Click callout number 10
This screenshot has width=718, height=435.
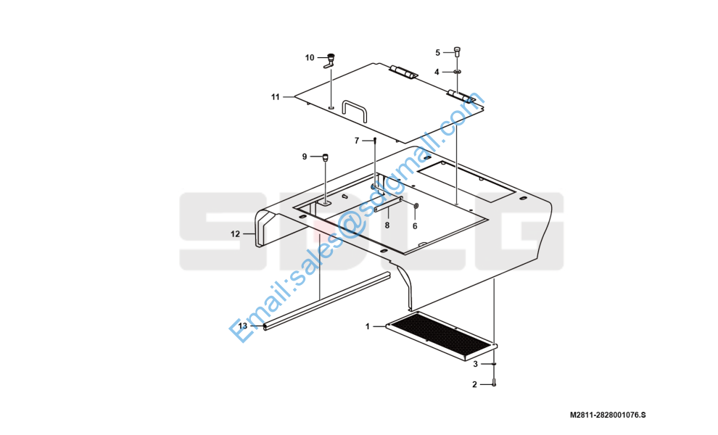[x=310, y=57]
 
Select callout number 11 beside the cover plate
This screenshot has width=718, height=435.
[x=276, y=96]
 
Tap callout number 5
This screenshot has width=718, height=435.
[x=437, y=52]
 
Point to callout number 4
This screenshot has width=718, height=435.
[x=437, y=72]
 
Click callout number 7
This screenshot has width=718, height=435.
[x=356, y=140]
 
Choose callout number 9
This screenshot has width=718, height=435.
[x=305, y=156]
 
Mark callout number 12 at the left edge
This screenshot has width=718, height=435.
[x=235, y=233]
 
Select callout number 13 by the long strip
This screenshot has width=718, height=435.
[x=243, y=326]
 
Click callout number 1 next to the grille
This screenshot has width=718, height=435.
[x=368, y=326]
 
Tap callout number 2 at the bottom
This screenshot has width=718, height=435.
[x=474, y=384]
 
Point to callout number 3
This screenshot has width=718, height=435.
[x=475, y=364]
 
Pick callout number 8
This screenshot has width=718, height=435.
[x=387, y=225]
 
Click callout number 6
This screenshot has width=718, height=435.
[x=415, y=225]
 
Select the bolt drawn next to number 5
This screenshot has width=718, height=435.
[x=458, y=51]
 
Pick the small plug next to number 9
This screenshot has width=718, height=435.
[x=326, y=156]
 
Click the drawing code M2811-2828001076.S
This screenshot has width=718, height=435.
[x=607, y=415]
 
